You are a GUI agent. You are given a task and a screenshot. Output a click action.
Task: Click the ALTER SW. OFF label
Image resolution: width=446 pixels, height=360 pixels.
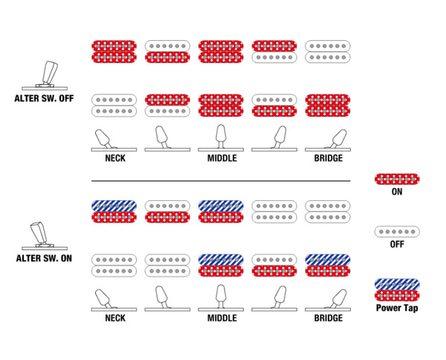44,98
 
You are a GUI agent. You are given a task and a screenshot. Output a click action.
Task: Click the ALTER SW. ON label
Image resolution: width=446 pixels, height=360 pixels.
44,258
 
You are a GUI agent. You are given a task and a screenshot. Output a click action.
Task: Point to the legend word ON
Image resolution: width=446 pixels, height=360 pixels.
397,192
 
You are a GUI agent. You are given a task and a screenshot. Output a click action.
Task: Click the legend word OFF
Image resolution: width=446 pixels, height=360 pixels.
397,244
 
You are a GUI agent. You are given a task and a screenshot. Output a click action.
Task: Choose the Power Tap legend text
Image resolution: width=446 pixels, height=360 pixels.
397,308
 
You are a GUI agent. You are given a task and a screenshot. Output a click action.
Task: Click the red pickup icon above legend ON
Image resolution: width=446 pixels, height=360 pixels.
397,179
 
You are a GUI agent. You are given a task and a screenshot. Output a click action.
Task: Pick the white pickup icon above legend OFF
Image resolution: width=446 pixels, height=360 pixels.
397,231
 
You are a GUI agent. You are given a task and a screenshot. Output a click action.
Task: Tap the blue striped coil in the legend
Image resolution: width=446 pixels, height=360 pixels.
397,284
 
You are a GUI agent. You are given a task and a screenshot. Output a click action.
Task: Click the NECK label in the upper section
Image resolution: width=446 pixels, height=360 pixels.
115,158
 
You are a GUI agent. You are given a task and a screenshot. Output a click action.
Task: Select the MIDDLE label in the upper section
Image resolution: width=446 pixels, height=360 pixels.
222,158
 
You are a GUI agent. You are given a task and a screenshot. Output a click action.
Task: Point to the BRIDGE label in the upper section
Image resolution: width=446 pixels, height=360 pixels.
329,158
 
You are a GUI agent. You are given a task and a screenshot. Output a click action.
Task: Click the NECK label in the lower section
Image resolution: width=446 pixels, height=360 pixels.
115,318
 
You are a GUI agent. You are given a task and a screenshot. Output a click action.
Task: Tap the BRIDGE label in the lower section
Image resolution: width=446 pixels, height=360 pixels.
329,318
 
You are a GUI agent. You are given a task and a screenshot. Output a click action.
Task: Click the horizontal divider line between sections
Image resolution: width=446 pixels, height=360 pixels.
221,181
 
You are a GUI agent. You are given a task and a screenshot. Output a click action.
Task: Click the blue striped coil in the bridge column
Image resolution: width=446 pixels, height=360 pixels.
328,260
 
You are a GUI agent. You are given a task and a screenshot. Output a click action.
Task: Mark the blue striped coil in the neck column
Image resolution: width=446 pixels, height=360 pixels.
114,206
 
